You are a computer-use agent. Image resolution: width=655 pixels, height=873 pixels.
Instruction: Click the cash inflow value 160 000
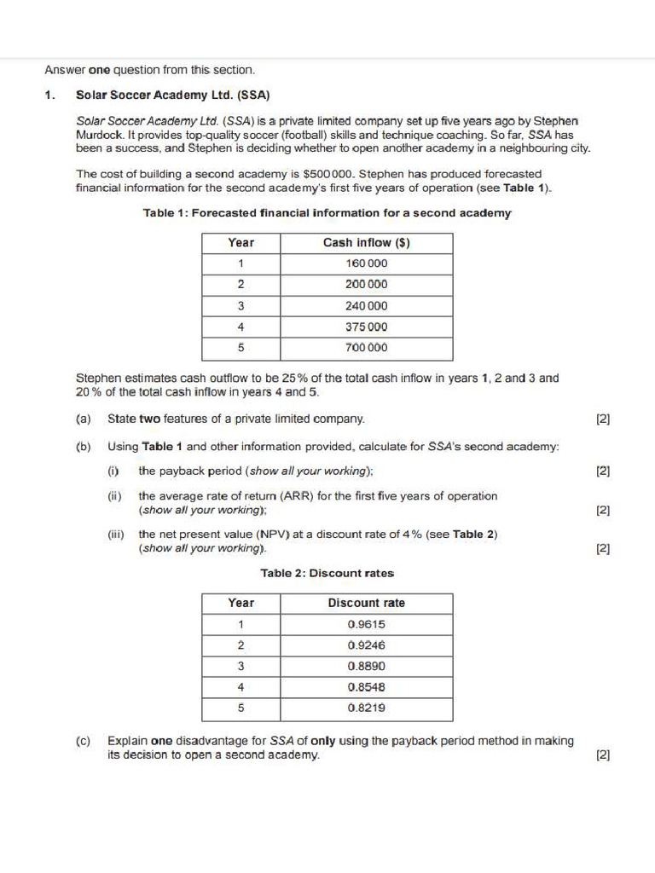[366, 263]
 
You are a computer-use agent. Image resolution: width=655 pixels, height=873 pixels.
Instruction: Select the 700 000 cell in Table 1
[366, 348]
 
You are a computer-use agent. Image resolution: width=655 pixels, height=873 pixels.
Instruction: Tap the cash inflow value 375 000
[366, 327]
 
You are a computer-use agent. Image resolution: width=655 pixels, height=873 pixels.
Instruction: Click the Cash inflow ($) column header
[366, 243]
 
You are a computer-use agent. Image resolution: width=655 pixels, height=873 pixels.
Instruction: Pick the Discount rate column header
[366, 604]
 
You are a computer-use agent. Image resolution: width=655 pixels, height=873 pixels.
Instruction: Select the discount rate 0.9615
[366, 624]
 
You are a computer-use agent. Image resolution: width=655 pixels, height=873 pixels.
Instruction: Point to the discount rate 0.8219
[366, 708]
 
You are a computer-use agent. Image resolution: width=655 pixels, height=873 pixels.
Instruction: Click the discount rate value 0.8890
[366, 666]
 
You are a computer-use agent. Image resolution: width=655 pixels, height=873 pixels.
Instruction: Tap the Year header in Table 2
[241, 604]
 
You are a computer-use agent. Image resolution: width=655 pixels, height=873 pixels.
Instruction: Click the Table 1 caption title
[327, 213]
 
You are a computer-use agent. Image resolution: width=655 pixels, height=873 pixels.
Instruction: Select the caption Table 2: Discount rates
[327, 574]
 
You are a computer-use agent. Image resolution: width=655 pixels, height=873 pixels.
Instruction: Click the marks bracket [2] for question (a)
[603, 419]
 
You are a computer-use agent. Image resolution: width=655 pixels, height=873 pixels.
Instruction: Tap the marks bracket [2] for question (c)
[603, 755]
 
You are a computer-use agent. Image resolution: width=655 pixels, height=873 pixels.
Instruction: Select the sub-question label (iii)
[115, 535]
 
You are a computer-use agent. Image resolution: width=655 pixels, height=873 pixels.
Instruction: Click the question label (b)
[84, 447]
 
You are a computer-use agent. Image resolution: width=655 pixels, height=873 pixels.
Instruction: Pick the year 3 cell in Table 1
[241, 306]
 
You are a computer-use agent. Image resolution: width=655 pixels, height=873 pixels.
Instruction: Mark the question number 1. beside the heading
[49, 95]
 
